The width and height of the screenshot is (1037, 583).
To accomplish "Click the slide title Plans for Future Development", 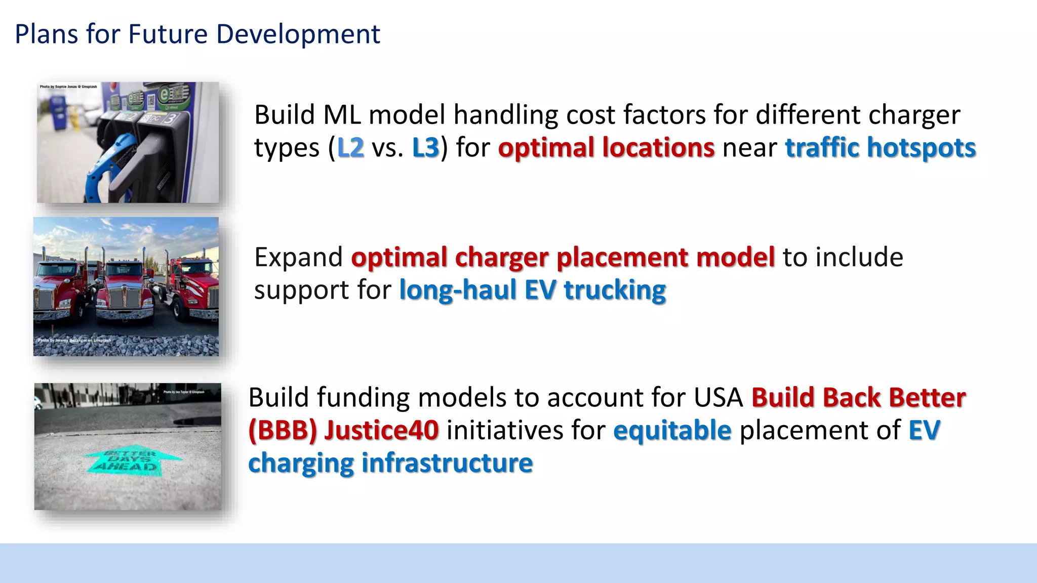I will [197, 34].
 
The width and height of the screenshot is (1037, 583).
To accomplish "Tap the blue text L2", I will [350, 148].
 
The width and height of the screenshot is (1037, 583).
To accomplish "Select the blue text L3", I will [425, 148].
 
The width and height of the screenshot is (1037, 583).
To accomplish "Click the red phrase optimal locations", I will [606, 148].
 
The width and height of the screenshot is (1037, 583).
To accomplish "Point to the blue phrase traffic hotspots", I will [880, 148].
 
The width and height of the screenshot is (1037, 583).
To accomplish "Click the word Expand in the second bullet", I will [298, 257].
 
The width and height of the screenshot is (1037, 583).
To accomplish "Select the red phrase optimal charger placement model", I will [563, 257].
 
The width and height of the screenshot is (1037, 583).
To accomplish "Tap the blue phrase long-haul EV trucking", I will [532, 290].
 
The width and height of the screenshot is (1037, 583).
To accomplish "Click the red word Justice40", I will [381, 430].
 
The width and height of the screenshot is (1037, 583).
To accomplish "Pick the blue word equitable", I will [672, 430].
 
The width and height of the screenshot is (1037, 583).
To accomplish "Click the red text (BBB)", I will [283, 430].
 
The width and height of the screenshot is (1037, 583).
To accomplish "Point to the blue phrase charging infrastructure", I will [390, 463].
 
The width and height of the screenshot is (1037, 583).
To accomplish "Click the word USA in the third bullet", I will [718, 397].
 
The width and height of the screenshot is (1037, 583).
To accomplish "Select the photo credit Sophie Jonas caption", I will [68, 87].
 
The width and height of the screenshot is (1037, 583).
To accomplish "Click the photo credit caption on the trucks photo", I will [74, 340].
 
